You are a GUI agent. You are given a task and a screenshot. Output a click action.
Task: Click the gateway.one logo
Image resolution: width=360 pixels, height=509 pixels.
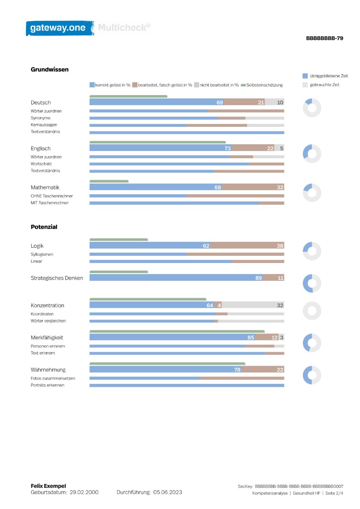click(x=60, y=28)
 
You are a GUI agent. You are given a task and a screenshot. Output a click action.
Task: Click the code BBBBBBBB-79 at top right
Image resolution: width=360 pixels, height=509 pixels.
click(x=324, y=38)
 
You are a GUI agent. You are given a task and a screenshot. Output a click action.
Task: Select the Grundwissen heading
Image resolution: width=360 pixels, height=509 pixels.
click(x=50, y=70)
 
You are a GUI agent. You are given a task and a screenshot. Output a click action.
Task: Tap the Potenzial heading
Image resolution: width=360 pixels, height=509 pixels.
click(x=44, y=227)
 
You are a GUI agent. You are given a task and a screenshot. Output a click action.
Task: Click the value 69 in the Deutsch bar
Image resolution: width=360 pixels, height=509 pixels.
click(x=219, y=103)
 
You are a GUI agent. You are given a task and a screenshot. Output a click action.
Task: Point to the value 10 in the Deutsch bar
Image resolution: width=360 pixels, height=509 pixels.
click(x=280, y=103)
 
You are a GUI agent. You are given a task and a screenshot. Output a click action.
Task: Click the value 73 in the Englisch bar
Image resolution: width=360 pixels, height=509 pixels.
click(x=228, y=148)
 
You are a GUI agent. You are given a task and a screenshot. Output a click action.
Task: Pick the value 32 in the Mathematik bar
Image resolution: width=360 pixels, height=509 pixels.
click(x=280, y=187)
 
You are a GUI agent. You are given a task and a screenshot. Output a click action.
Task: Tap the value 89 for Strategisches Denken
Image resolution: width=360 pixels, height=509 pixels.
click(x=259, y=278)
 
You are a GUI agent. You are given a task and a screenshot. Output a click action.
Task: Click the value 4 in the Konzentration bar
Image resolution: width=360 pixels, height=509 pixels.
click(x=219, y=305)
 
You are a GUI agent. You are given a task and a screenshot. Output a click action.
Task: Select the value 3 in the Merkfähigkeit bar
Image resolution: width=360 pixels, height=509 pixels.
click(x=281, y=338)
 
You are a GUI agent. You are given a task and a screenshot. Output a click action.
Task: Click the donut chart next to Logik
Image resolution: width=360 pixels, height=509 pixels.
click(x=312, y=251)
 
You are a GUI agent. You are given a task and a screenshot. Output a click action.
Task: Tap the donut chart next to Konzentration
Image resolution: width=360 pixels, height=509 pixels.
click(x=312, y=310)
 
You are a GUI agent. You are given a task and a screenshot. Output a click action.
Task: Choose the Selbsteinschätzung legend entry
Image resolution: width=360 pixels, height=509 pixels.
click(x=262, y=85)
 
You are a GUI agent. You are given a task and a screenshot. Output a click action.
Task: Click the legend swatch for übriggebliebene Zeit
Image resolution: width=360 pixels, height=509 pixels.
click(x=305, y=76)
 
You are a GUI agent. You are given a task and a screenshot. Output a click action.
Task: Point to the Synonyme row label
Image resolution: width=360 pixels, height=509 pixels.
click(x=40, y=118)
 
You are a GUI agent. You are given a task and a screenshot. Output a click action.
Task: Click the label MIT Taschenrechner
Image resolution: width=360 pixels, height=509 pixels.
click(x=50, y=203)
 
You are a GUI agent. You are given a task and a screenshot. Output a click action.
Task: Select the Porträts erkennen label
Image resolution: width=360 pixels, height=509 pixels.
click(x=48, y=385)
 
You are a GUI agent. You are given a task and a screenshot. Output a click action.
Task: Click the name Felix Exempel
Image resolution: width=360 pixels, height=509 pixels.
click(x=48, y=486)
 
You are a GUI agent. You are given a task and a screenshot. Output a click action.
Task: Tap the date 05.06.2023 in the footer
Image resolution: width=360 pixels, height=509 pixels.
click(x=167, y=492)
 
